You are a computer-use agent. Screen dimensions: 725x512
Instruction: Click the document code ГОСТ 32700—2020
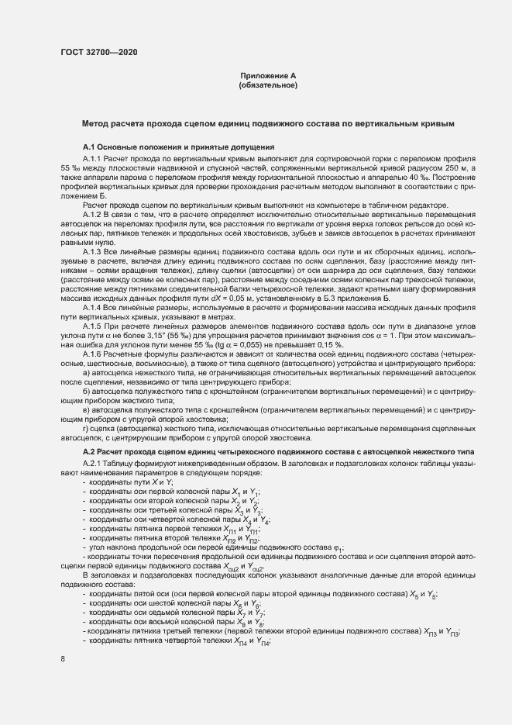98,51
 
